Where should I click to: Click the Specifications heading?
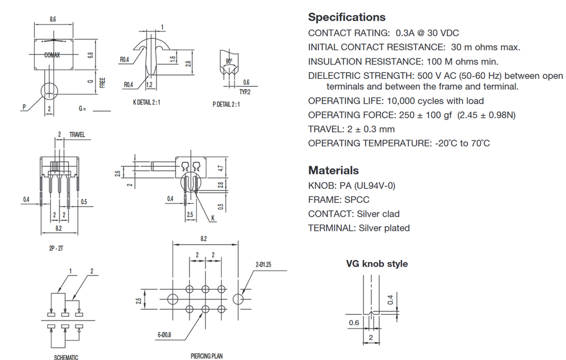[x=346, y=17]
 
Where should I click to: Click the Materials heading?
[x=333, y=170]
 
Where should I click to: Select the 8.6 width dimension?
[x=53, y=19]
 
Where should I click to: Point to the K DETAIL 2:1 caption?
[x=146, y=103]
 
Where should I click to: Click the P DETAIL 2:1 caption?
[x=226, y=104]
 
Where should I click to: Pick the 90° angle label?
[x=228, y=60]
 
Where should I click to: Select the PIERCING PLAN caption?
[x=206, y=356]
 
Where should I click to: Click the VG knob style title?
[x=377, y=264]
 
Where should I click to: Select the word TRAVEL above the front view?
[x=77, y=135]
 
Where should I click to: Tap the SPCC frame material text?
[x=356, y=199]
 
